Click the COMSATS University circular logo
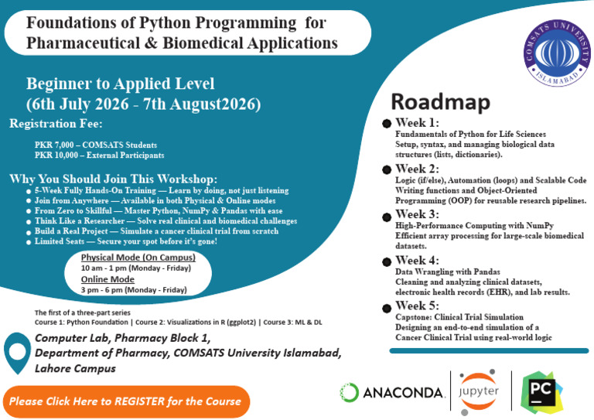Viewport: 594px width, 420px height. [557, 53]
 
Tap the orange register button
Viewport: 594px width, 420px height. [126, 401]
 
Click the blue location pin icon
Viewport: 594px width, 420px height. [18, 353]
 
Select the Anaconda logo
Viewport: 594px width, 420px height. [392, 392]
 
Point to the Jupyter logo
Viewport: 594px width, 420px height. [479, 391]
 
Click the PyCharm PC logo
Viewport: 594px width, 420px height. [541, 392]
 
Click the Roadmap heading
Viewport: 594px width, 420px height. [441, 102]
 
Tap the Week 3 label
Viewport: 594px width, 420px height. [417, 214]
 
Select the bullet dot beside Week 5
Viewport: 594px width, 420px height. [387, 309]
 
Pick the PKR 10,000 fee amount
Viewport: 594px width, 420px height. [56, 155]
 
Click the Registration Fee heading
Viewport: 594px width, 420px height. [56, 124]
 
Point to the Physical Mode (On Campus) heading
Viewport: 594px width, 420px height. [138, 258]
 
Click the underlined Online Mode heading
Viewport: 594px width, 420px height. [108, 279]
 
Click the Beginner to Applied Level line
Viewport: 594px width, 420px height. [120, 84]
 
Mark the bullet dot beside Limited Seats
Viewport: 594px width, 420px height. [29, 242]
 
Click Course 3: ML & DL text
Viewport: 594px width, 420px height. [292, 323]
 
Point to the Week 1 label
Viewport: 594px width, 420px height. [417, 123]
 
